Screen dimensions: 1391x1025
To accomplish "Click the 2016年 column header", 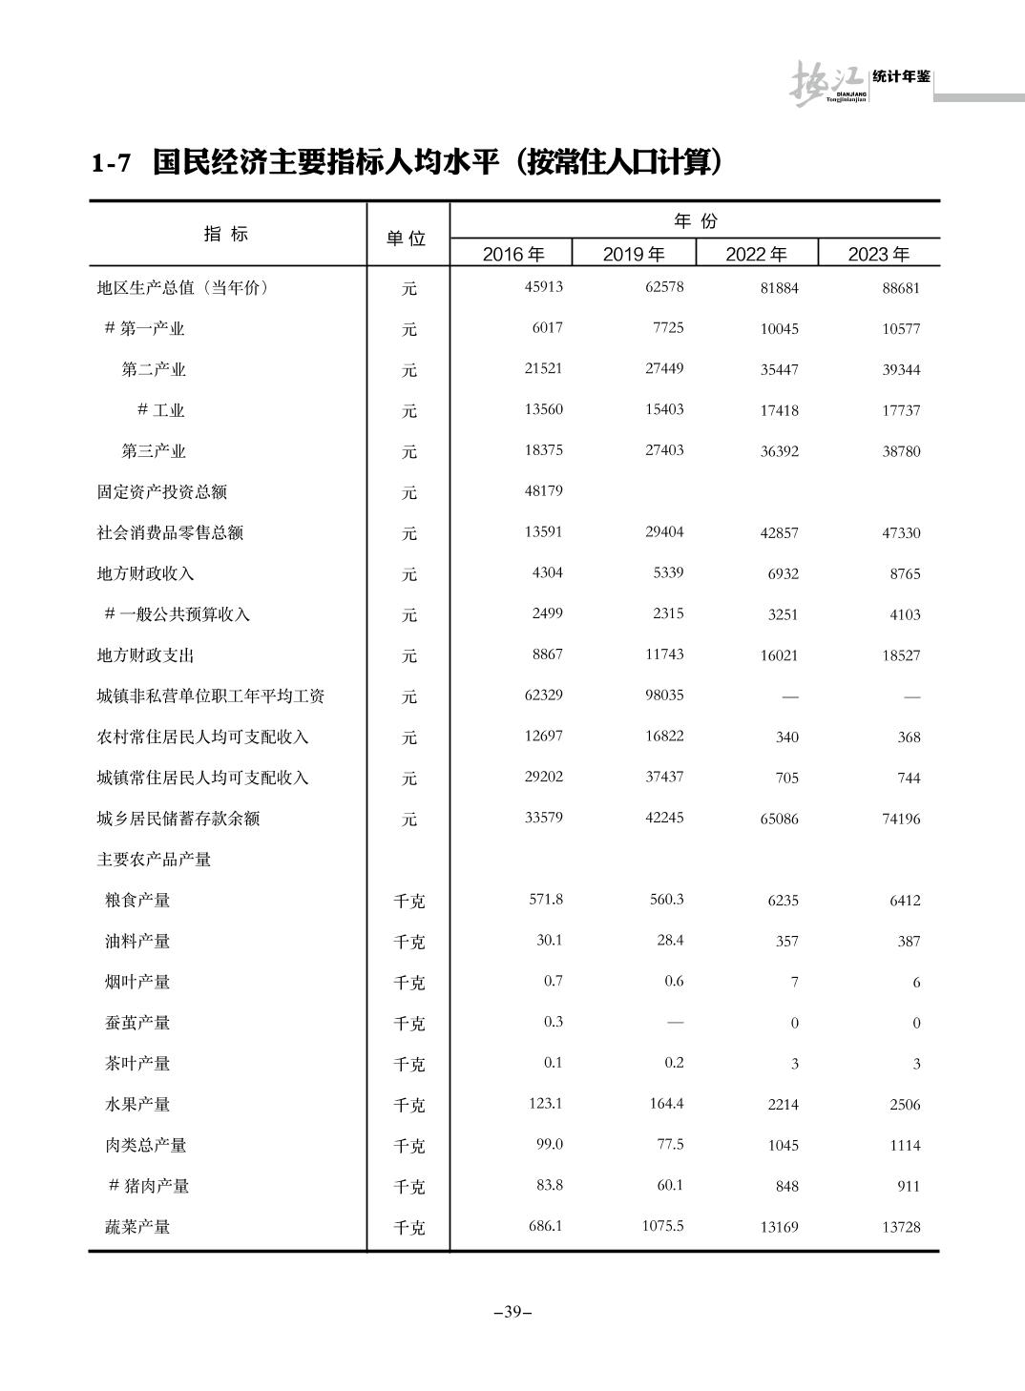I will click(513, 254).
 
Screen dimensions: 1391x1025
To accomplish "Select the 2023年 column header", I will click(878, 254).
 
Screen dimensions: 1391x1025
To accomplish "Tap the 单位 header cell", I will click(407, 239).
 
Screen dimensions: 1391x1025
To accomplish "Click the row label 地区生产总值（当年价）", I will click(183, 287).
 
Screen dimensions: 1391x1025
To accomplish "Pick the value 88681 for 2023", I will click(901, 288).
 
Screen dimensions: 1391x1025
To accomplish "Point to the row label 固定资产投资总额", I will click(162, 492).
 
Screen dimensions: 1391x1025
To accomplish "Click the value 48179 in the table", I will click(543, 491).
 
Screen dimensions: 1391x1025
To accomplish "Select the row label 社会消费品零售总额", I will click(170, 532).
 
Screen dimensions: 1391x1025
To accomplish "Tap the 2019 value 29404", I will click(664, 532).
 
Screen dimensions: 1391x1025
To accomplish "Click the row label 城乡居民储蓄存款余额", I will click(178, 819).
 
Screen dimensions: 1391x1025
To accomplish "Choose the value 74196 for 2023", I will click(901, 819).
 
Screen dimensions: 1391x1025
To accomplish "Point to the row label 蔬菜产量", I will click(137, 1227).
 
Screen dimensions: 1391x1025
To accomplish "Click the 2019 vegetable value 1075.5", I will click(662, 1226).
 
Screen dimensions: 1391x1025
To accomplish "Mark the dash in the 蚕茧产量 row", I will click(675, 1023).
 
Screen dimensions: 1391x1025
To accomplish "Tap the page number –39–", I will click(512, 1312).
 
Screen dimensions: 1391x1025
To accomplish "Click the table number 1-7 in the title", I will click(111, 164).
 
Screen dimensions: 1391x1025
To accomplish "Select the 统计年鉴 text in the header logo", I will click(901, 76).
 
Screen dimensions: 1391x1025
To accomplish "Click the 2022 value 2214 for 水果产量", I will click(783, 1105).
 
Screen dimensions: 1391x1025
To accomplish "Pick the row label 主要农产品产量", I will click(154, 860).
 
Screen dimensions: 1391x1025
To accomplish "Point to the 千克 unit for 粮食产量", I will click(408, 901).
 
